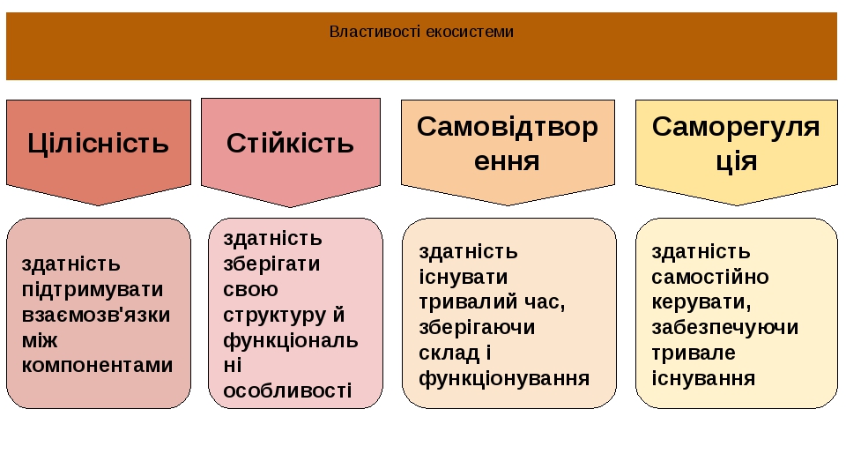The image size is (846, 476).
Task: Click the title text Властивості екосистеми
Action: point(421,32)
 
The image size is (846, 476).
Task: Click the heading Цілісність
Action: point(98,144)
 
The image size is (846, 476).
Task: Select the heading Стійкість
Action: point(290,144)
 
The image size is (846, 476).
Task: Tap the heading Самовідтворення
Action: point(508,144)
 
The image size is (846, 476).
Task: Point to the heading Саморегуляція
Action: point(736,144)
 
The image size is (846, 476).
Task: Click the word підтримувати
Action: point(93,290)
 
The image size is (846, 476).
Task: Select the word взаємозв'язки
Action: point(96,315)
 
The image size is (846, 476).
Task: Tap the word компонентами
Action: point(97,365)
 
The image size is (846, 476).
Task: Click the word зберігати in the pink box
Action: point(271,264)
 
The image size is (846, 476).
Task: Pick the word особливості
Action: point(287,390)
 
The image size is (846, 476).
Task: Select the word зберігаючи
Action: point(477,328)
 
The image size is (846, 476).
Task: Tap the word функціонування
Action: point(504,378)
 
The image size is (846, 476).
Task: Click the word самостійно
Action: point(710,277)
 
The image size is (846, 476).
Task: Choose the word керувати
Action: point(701,302)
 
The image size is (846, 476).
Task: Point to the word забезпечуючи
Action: point(724,328)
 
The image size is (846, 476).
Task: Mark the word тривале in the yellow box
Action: point(694,353)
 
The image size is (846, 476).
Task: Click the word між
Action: point(40,340)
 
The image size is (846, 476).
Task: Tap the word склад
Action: point(449,353)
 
